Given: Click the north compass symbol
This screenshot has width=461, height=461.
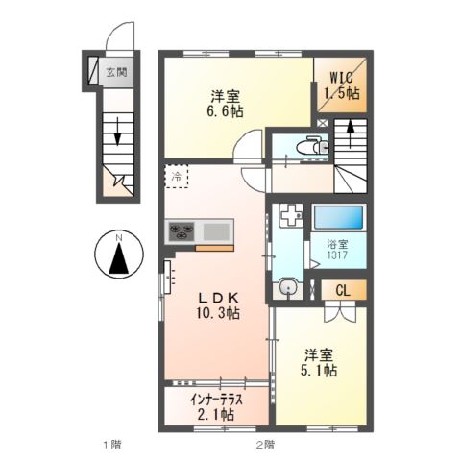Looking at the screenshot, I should [x=116, y=255].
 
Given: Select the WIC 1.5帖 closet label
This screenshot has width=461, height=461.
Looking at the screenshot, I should [x=339, y=86].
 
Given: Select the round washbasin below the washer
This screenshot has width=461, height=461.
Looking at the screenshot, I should [x=287, y=286].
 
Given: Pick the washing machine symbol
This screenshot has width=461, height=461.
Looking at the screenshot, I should [x=290, y=218].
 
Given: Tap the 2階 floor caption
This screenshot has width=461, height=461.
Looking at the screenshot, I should [x=265, y=444].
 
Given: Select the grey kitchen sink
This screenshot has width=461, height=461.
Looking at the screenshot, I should [x=216, y=230].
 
